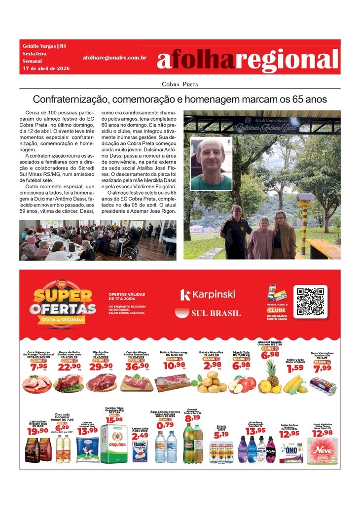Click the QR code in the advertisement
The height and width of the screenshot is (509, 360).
[x=310, y=301]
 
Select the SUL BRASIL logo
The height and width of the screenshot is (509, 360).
[x=208, y=313]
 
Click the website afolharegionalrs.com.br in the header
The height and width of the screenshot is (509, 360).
[x=115, y=58]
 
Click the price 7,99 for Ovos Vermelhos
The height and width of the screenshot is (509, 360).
[x=323, y=368]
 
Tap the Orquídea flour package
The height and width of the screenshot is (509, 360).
[x=114, y=443]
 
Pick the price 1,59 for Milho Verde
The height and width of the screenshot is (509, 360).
[x=295, y=368]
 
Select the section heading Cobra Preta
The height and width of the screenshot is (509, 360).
[x=180, y=84]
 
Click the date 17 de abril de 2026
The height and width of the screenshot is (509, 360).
[x=46, y=68]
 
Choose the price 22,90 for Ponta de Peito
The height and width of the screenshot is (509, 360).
[x=70, y=366]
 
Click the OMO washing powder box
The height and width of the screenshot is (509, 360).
[x=291, y=452]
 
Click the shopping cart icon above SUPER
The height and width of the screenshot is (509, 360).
[x=61, y=283]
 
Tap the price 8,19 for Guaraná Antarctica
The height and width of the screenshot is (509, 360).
[x=192, y=418]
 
